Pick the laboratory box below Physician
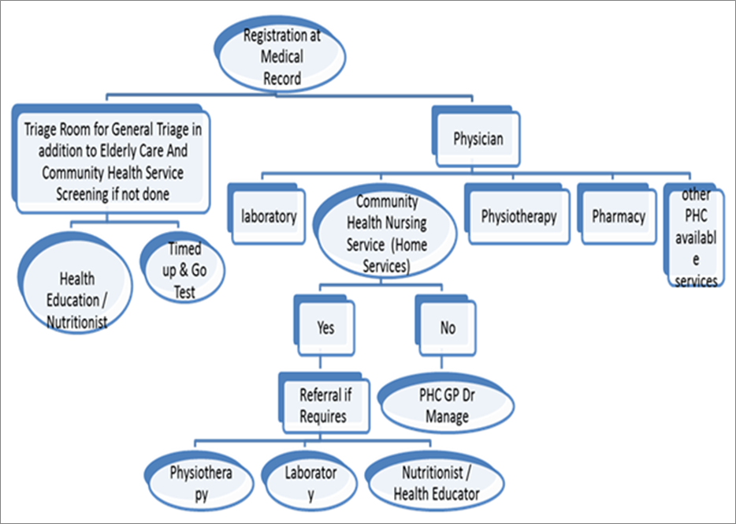coord(269,215)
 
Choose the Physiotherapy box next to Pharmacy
coord(518,215)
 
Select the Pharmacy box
coord(618,215)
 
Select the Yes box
coord(325,326)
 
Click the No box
coord(447,326)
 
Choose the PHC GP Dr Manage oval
coord(447,406)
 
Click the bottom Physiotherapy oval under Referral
coord(201,483)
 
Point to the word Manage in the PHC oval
coord(446,416)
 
